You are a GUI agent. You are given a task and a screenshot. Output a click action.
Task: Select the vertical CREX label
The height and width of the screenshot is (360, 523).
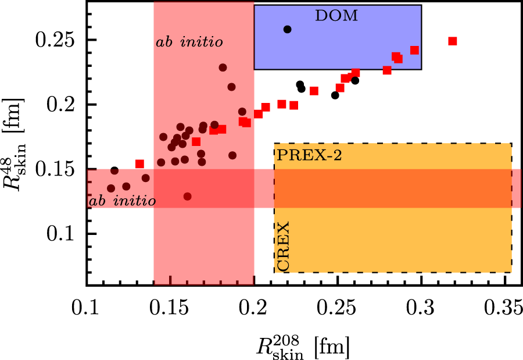284,245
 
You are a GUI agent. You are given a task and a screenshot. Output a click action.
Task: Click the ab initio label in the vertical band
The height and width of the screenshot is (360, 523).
189,42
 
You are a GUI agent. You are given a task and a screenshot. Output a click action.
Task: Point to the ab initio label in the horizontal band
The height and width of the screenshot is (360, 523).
122,201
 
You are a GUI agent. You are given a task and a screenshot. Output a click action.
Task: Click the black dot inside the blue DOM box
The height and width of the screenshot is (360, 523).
287,29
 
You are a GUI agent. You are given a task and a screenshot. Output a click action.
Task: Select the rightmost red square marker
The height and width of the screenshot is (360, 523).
453,41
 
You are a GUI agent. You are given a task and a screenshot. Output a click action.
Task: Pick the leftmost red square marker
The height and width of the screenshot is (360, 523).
139,164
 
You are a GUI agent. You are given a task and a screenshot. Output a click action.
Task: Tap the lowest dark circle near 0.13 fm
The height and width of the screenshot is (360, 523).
187,197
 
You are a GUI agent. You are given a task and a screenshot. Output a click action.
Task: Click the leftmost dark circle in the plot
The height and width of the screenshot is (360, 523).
111,188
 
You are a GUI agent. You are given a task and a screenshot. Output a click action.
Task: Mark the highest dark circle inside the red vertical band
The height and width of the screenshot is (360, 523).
223,67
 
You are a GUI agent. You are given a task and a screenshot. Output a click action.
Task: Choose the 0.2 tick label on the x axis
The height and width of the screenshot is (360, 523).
254,306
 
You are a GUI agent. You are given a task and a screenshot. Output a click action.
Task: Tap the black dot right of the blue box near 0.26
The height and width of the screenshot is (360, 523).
355,80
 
